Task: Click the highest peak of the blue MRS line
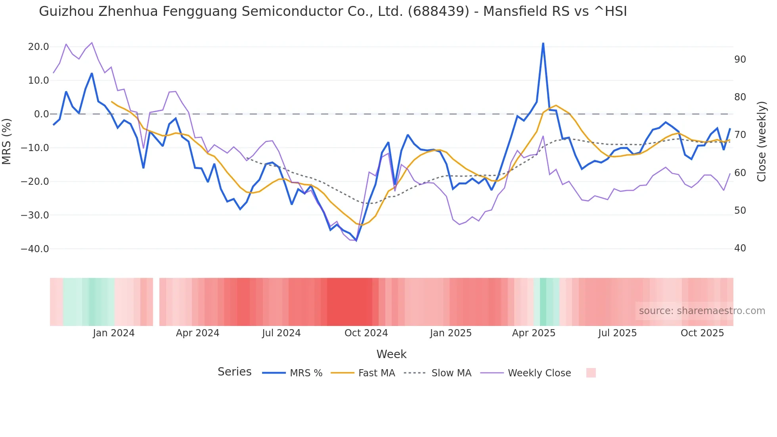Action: pos(543,43)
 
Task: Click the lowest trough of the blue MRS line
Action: pos(356,240)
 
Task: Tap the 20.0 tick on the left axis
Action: pos(38,47)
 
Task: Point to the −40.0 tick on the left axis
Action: pos(35,249)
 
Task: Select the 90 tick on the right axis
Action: pos(740,59)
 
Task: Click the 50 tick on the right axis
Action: pos(740,211)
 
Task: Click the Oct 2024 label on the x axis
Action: pos(366,333)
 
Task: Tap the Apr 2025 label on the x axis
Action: pos(534,333)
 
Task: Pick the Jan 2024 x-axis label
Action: pos(114,333)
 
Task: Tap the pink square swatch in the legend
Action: pos(591,373)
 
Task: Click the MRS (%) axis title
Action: pos(7,141)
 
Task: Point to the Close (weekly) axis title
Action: pos(761,142)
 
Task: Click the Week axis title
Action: pos(391,354)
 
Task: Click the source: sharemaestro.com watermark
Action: pos(702,311)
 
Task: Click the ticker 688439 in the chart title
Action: pos(438,11)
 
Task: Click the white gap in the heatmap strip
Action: pos(156,302)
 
